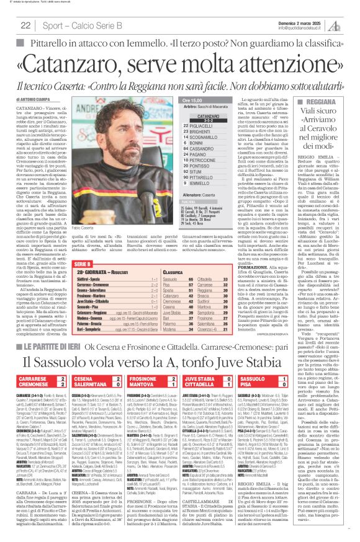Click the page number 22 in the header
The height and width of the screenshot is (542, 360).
point(26,25)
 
